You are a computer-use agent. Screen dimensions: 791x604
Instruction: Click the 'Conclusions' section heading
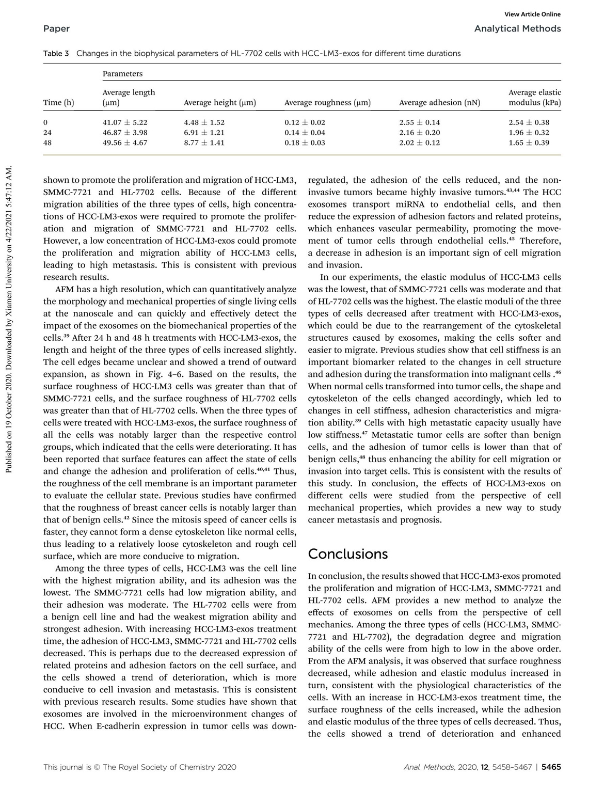pyautogui.click(x=347, y=554)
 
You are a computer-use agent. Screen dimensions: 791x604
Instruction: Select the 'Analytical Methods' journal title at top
pyautogui.click(x=517, y=28)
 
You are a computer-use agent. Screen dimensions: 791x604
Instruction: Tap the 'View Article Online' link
pyautogui.click(x=533, y=14)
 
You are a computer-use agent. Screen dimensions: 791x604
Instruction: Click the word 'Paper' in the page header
pyautogui.click(x=56, y=28)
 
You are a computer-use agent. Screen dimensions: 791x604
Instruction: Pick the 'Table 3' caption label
pyautogui.click(x=56, y=53)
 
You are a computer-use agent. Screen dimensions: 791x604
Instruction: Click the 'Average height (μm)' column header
pyautogui.click(x=220, y=103)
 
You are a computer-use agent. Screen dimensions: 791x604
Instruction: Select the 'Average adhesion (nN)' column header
pyautogui.click(x=439, y=103)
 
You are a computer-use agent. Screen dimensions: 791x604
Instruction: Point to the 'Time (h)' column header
pyautogui.click(x=59, y=103)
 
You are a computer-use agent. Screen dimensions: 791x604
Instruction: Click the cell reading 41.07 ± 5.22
pyautogui.click(x=125, y=123)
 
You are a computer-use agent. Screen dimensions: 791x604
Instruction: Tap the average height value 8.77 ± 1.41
pyautogui.click(x=204, y=143)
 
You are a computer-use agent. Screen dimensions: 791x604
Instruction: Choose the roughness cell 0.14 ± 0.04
pyautogui.click(x=305, y=133)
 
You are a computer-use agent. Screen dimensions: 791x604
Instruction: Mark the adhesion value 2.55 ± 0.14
pyautogui.click(x=419, y=123)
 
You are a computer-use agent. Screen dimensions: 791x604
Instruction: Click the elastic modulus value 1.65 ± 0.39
pyautogui.click(x=529, y=143)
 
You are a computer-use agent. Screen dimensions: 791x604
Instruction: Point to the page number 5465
pyautogui.click(x=551, y=767)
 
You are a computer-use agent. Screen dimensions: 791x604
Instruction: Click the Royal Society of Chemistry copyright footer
pyautogui.click(x=139, y=767)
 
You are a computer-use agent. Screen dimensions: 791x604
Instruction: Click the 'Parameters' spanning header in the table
pyautogui.click(x=122, y=74)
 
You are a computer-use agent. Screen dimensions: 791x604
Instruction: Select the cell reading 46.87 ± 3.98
pyautogui.click(x=125, y=133)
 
